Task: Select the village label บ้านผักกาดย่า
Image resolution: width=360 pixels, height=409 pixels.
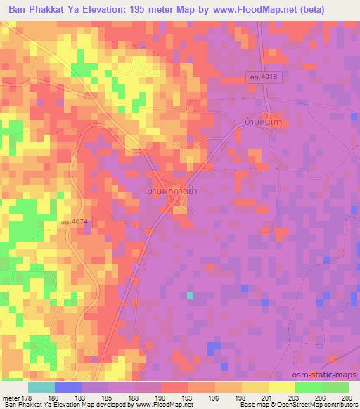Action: tap(171, 191)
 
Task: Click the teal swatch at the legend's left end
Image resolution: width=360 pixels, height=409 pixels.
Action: tap(41, 387)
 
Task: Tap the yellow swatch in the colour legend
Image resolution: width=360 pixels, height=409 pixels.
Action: tap(281, 387)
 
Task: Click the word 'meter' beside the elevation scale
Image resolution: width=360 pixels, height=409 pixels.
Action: tap(11, 396)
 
